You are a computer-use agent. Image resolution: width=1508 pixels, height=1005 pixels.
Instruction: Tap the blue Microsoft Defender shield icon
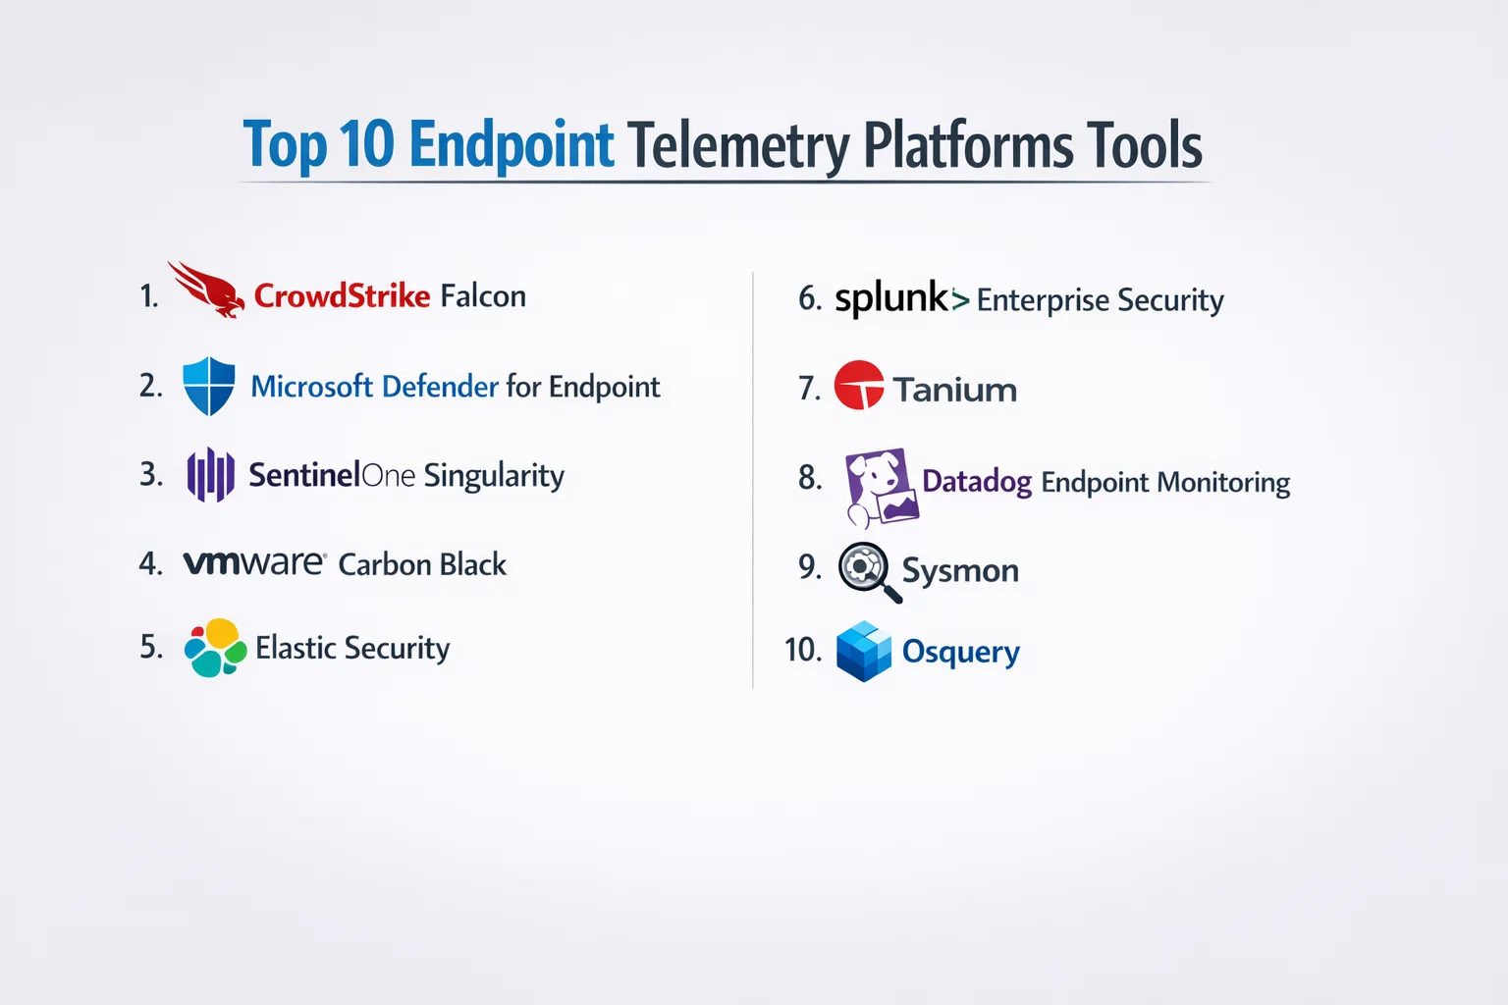tap(209, 386)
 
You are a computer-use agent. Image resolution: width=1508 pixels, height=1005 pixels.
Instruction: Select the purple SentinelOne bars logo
tap(211, 475)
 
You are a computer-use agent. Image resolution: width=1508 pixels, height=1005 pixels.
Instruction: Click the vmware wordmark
tap(255, 562)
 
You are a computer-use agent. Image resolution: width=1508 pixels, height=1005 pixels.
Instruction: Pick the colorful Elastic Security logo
tap(215, 648)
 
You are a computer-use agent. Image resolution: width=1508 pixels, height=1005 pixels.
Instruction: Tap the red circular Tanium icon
tap(859, 385)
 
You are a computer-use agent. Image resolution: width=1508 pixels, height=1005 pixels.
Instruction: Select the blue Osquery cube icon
tap(864, 651)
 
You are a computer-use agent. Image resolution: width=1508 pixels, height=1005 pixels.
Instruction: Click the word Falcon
tap(483, 296)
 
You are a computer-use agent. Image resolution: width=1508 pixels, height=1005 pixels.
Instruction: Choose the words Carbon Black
tap(422, 564)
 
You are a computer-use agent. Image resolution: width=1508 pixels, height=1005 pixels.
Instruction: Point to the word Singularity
tap(494, 477)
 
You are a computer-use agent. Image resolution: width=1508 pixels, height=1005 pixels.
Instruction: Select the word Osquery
tap(961, 653)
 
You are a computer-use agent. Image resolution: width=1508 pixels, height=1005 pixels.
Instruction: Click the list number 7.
tap(810, 389)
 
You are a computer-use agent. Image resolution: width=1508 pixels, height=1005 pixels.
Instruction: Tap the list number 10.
tap(803, 650)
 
